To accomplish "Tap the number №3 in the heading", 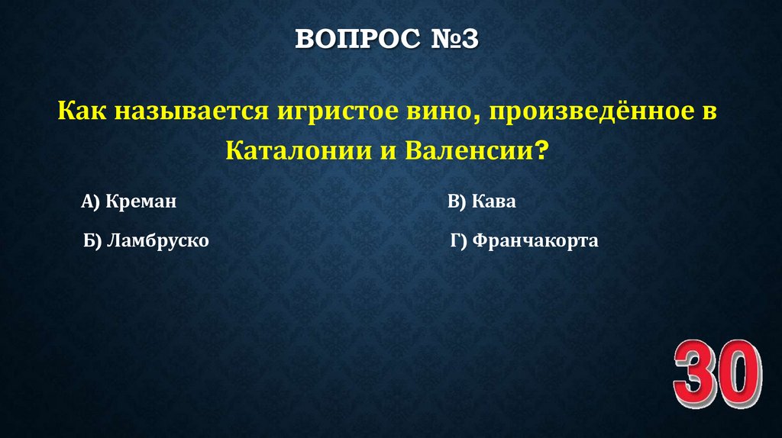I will [449, 40].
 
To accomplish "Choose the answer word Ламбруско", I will [158, 242].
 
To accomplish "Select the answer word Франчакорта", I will [535, 242].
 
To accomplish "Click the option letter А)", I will [91, 202].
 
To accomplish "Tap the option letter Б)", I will [93, 242].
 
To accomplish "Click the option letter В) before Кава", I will [457, 202].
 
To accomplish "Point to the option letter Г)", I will [458, 242].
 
